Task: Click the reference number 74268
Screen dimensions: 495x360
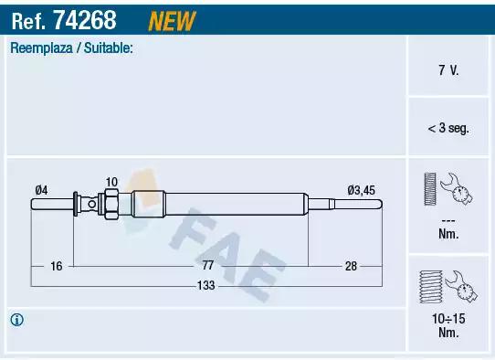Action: point(85,20)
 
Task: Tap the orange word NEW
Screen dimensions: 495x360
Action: point(172,21)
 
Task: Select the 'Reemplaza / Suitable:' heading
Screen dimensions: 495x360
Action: point(71,48)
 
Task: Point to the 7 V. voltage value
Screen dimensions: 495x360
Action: point(448,70)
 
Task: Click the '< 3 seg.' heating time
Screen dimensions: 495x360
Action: point(448,128)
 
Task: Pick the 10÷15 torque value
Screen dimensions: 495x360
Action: point(448,319)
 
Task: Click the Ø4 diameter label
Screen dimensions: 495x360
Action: point(41,190)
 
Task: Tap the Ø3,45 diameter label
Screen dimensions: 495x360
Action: point(361,190)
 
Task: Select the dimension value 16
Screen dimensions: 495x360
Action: point(57,266)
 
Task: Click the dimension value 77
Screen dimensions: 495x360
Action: point(207,265)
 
